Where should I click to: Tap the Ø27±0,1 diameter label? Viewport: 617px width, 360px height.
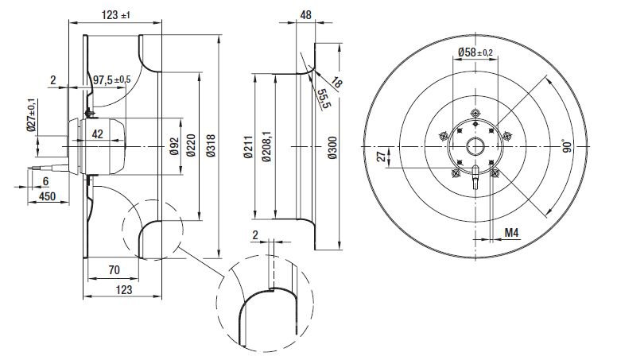[32, 115]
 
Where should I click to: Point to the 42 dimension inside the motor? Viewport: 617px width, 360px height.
[97, 134]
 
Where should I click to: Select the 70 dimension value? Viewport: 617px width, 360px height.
[114, 270]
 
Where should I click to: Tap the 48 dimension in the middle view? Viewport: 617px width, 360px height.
[305, 14]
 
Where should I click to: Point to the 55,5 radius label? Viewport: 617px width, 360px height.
[323, 100]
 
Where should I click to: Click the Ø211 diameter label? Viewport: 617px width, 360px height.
[248, 148]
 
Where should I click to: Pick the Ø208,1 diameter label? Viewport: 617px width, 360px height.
[268, 148]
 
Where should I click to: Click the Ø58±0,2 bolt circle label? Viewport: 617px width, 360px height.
[475, 52]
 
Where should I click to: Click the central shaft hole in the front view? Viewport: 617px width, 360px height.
[475, 147]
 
